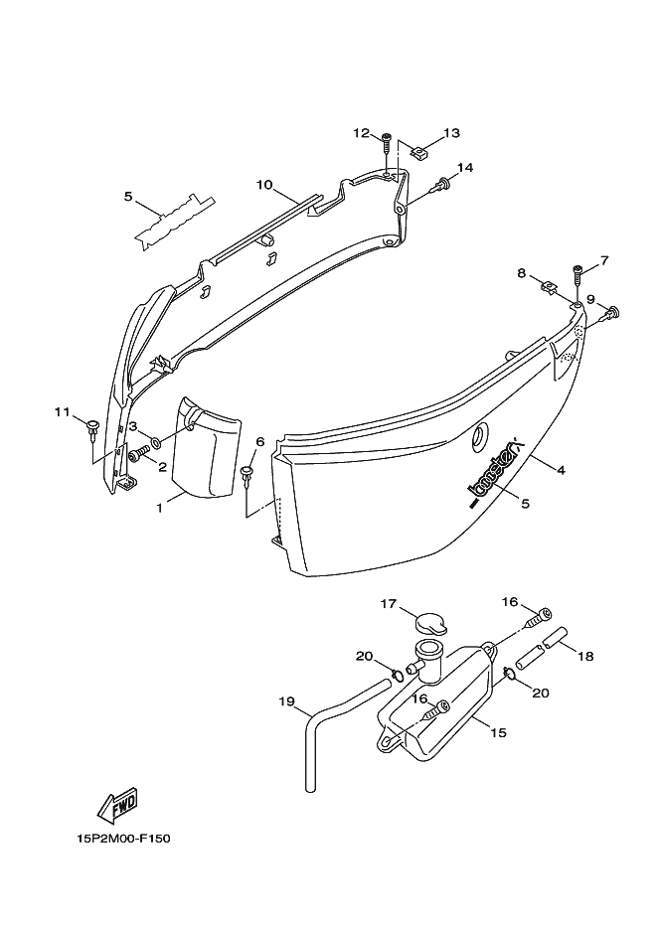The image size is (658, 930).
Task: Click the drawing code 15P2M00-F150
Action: point(124,838)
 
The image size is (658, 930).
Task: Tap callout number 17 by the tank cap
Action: point(388,603)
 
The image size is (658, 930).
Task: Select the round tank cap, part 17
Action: point(431,623)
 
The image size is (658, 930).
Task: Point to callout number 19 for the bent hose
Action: point(287,701)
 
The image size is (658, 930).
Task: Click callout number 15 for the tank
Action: point(497,732)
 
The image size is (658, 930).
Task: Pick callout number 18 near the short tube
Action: point(584,656)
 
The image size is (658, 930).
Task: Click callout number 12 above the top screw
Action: point(361,133)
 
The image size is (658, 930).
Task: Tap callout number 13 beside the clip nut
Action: point(451,132)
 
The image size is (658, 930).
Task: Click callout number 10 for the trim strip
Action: point(263,185)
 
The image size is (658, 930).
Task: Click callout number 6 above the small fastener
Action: point(259,441)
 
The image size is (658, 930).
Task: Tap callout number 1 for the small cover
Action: point(158,508)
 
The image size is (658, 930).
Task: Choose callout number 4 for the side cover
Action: point(561,470)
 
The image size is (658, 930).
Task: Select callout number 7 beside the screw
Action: point(602,262)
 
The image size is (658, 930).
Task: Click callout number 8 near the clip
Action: point(520,272)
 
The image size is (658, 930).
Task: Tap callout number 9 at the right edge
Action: point(589,299)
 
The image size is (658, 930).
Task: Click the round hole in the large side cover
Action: point(480,434)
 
